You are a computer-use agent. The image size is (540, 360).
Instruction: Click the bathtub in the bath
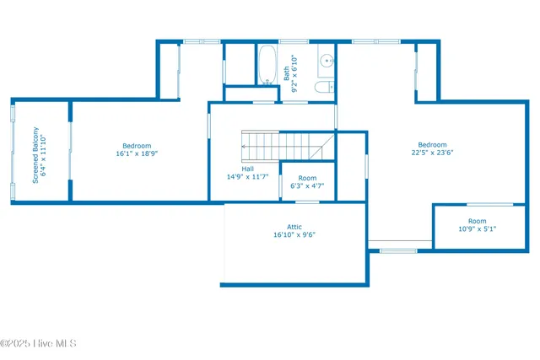[x=267, y=65]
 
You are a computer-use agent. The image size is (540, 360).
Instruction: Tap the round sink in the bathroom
[x=326, y=62]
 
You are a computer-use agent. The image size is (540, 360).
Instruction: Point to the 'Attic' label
[x=294, y=226]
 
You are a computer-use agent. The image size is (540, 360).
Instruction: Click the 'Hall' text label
[x=247, y=169]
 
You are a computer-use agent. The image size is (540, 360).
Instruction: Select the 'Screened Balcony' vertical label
[x=35, y=154]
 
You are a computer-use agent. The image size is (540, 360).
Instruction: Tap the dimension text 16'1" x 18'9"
[x=137, y=154]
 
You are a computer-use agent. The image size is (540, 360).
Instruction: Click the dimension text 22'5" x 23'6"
[x=432, y=153]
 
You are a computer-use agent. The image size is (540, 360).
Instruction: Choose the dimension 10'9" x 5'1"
[x=477, y=229]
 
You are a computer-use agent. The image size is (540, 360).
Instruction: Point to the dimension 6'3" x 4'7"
[x=307, y=186]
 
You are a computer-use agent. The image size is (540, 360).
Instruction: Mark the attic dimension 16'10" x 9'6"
[x=294, y=235]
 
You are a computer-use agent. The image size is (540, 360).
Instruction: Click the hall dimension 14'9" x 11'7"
[x=247, y=177]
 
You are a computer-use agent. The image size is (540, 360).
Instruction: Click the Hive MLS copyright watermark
[x=39, y=343]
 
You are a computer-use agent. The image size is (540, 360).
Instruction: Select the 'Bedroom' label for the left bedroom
[x=137, y=145]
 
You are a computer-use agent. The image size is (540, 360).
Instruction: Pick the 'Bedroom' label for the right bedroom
[x=432, y=144]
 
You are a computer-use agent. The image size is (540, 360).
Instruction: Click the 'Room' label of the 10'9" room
[x=477, y=221]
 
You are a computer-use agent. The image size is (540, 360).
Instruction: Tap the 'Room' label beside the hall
[x=307, y=178]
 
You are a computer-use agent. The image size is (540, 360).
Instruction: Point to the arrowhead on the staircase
[x=244, y=147]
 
